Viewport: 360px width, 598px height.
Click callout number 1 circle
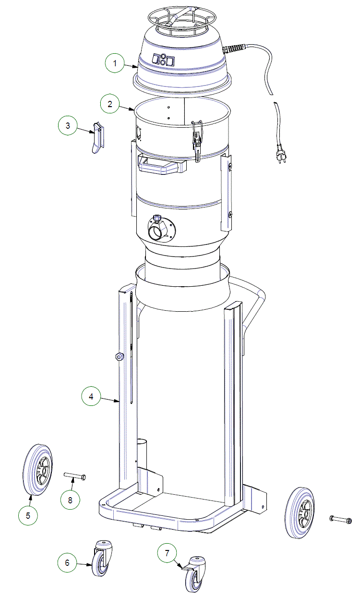click(x=115, y=63)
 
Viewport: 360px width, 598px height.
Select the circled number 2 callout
click(x=110, y=104)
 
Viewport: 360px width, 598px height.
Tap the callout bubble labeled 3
click(x=68, y=125)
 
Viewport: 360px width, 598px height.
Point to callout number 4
click(x=91, y=396)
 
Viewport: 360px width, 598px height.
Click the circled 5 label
click(x=28, y=515)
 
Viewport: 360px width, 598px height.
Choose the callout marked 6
click(x=67, y=562)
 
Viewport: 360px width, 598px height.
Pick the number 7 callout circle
click(x=167, y=553)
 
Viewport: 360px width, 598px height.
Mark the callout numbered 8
click(x=70, y=500)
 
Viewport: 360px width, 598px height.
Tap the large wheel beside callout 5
click(x=37, y=470)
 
